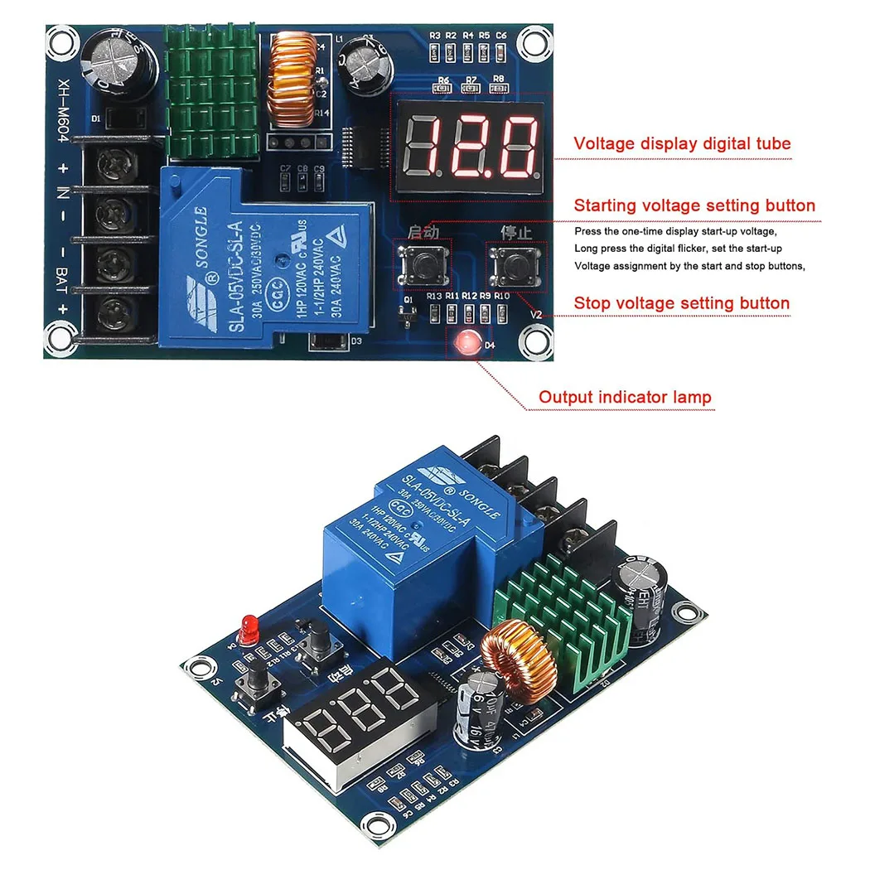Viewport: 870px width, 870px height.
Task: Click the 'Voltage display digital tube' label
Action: tap(682, 143)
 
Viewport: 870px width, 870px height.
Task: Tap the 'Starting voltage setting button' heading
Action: tap(694, 205)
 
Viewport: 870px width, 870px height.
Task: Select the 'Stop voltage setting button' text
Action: tap(681, 303)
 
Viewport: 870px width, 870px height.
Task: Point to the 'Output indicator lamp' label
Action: tap(624, 397)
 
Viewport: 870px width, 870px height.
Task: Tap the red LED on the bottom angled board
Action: tap(247, 626)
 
